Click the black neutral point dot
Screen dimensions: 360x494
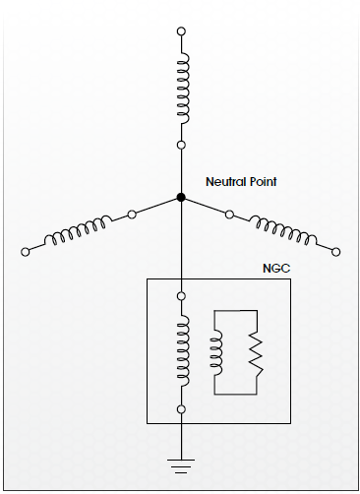coord(181,197)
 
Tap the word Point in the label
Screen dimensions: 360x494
coord(263,181)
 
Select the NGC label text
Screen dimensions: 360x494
coord(276,269)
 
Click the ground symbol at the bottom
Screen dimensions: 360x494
coord(181,466)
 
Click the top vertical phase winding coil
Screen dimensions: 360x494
coord(184,89)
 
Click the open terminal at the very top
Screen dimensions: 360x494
coord(181,31)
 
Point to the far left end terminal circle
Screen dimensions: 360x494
coord(25,252)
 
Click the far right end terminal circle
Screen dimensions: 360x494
coord(335,252)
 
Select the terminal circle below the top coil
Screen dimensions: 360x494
coord(181,145)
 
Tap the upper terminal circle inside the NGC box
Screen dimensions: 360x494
coord(181,296)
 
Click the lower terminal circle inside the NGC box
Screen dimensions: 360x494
coord(181,409)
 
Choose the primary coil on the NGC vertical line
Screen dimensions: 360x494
coord(184,351)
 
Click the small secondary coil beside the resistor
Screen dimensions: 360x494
coord(217,352)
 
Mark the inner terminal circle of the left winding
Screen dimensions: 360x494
coord(132,215)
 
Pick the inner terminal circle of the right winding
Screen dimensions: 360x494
coord(229,215)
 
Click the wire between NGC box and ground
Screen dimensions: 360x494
coord(181,441)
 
